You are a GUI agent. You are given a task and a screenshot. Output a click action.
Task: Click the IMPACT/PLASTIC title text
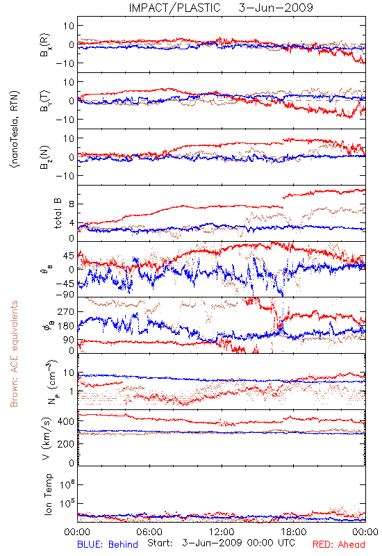(174, 8)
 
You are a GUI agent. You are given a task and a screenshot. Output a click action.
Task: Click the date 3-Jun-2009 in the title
(276, 8)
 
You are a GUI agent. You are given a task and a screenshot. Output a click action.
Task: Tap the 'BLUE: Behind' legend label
(108, 544)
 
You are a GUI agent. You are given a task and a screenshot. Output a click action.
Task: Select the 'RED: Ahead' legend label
(338, 544)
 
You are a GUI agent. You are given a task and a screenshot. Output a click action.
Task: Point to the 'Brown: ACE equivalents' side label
(14, 354)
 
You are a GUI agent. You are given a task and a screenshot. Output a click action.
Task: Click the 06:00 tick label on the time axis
(149, 532)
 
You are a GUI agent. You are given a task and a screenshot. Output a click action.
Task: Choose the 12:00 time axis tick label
(222, 532)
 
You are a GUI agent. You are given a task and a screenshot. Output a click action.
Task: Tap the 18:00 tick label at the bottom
(294, 532)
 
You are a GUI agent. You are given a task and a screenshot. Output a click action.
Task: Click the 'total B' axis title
(58, 213)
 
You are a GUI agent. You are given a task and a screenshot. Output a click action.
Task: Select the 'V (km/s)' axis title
(47, 439)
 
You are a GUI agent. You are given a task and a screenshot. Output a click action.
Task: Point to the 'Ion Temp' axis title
(48, 494)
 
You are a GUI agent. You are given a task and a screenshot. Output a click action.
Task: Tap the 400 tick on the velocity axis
(67, 421)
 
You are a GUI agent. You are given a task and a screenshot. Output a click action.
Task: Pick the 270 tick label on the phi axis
(67, 311)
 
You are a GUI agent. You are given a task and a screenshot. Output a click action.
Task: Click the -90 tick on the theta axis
(65, 295)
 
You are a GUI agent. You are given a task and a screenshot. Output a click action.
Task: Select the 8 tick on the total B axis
(72, 204)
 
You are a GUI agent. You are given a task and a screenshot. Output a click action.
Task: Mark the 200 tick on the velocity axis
(67, 443)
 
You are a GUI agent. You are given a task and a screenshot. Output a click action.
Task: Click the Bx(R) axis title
(45, 45)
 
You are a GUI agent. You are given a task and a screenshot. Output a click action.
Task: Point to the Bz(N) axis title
(45, 157)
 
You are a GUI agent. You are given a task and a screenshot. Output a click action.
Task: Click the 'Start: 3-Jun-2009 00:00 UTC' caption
(221, 543)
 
